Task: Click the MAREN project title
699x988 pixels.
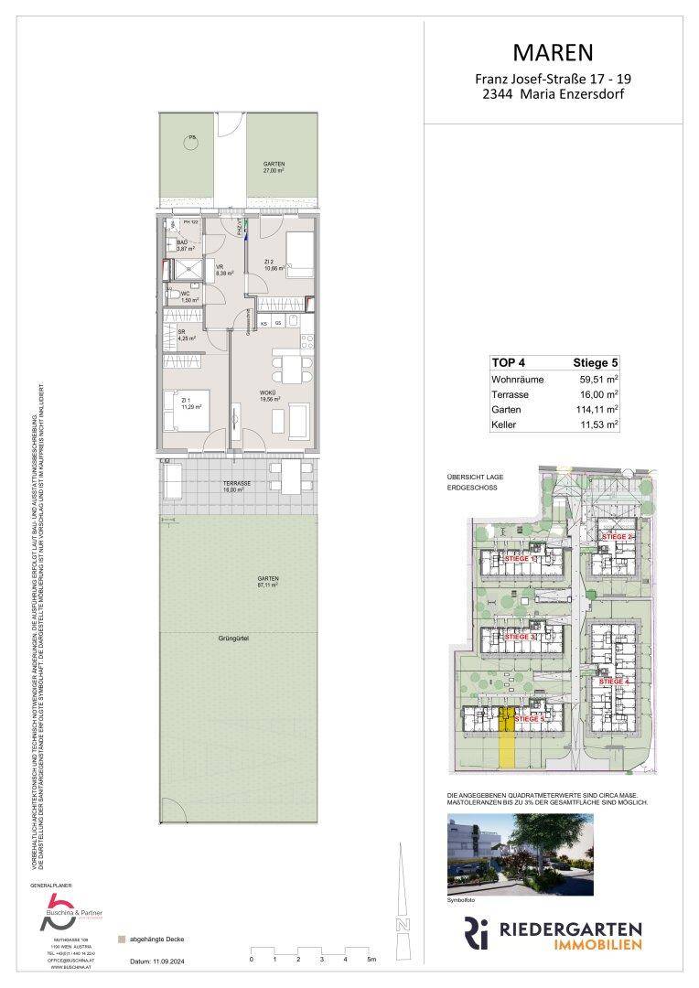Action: click(554, 51)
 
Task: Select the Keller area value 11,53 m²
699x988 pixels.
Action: click(597, 425)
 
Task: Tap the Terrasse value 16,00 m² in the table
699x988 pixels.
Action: click(597, 394)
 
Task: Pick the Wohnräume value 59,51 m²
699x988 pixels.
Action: click(597, 379)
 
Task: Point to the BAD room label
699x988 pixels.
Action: click(181, 242)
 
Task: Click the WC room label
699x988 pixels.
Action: click(185, 294)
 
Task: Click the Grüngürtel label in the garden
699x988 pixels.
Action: click(235, 638)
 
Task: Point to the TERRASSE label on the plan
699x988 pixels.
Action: click(237, 483)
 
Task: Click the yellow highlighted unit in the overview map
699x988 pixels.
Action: click(507, 741)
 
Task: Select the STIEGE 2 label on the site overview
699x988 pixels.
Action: click(618, 536)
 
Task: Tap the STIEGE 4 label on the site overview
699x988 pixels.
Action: click(615, 682)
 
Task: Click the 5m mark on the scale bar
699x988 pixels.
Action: click(371, 961)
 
